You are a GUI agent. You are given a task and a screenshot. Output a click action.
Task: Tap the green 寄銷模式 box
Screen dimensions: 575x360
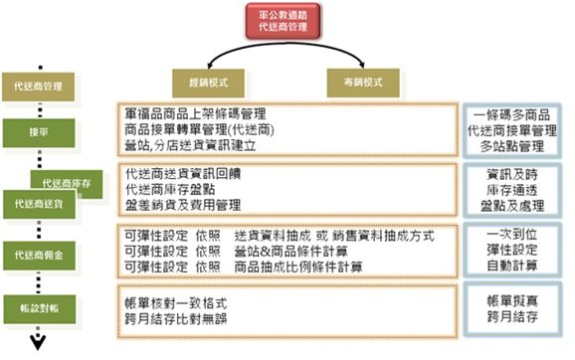(358, 79)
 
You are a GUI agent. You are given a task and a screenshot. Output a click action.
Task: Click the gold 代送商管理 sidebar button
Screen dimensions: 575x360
(42, 88)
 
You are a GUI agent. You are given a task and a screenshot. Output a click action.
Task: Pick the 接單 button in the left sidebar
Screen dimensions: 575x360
(42, 131)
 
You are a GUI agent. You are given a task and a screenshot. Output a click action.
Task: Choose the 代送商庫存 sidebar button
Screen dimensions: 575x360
(67, 182)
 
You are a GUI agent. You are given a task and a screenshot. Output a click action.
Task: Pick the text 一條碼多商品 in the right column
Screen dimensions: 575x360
(514, 113)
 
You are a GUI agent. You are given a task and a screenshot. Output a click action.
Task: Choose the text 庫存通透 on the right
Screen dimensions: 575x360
(514, 189)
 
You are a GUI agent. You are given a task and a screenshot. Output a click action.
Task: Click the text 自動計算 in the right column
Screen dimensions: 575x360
(514, 267)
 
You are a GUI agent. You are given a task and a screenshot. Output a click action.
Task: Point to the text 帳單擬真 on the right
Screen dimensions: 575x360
(514, 299)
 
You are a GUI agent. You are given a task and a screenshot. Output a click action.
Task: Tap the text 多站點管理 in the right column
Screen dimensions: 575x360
(514, 146)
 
